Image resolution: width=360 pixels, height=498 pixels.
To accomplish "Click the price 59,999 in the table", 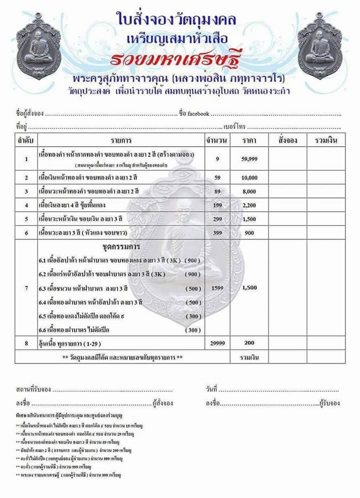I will click(248, 159).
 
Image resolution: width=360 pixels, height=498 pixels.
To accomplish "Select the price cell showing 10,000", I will click(248, 178).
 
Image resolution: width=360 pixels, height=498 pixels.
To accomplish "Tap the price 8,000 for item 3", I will click(248, 191).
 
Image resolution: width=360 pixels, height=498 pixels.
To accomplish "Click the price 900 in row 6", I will click(248, 233).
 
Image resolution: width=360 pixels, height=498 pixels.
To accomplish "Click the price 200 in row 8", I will click(248, 343).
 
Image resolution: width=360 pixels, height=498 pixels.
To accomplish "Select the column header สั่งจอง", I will click(287, 140).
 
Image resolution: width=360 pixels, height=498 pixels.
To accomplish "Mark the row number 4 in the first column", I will click(25, 205).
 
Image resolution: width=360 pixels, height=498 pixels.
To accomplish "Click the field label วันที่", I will click(211, 389).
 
